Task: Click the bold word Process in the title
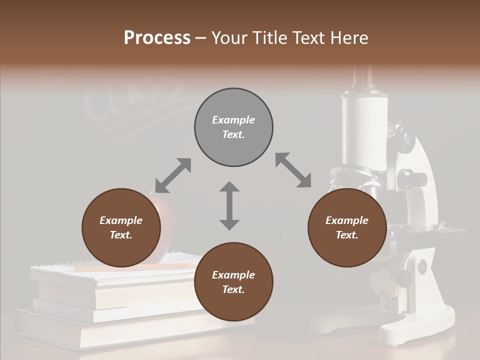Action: (x=157, y=38)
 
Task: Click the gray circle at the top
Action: (x=233, y=127)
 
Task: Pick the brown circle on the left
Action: (x=121, y=228)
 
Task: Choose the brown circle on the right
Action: (x=347, y=228)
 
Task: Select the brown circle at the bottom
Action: (x=233, y=282)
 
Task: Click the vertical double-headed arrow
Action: (x=229, y=205)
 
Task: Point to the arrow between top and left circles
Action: (x=173, y=175)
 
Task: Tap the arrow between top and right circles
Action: (x=293, y=170)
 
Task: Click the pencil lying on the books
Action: (x=135, y=267)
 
